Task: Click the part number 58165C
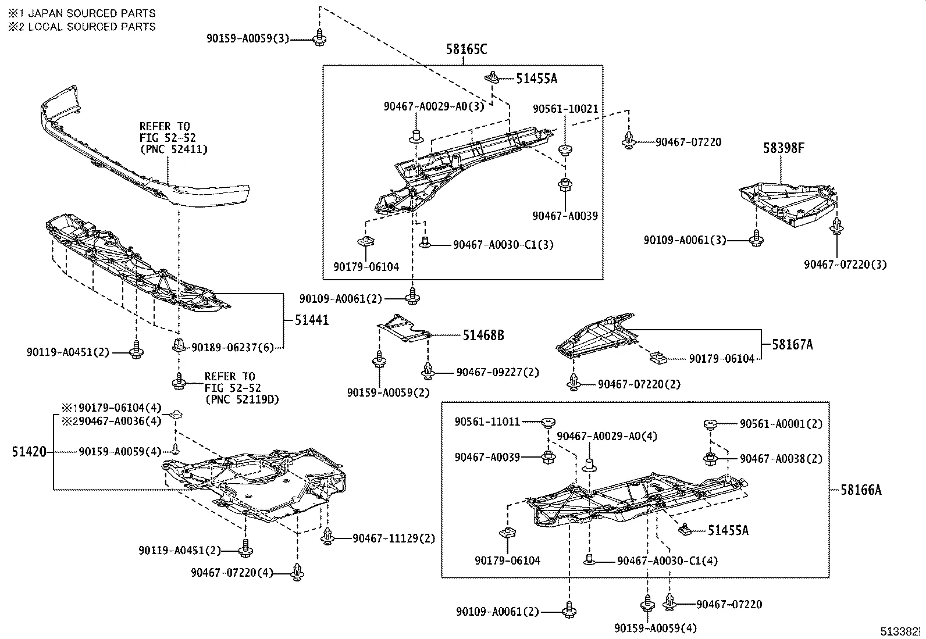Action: coord(466,49)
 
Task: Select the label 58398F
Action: coord(783,148)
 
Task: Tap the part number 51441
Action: coord(311,320)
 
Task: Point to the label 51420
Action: coord(29,452)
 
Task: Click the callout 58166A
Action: coord(860,490)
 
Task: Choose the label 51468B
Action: coord(483,335)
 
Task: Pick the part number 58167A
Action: coord(792,345)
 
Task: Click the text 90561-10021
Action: coord(565,109)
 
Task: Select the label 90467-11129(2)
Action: coord(393,538)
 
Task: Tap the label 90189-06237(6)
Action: coord(231,347)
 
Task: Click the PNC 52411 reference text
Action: coord(173,149)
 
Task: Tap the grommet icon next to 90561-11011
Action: coord(547,422)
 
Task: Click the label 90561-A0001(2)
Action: coord(781,424)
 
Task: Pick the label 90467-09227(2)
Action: coord(497,372)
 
